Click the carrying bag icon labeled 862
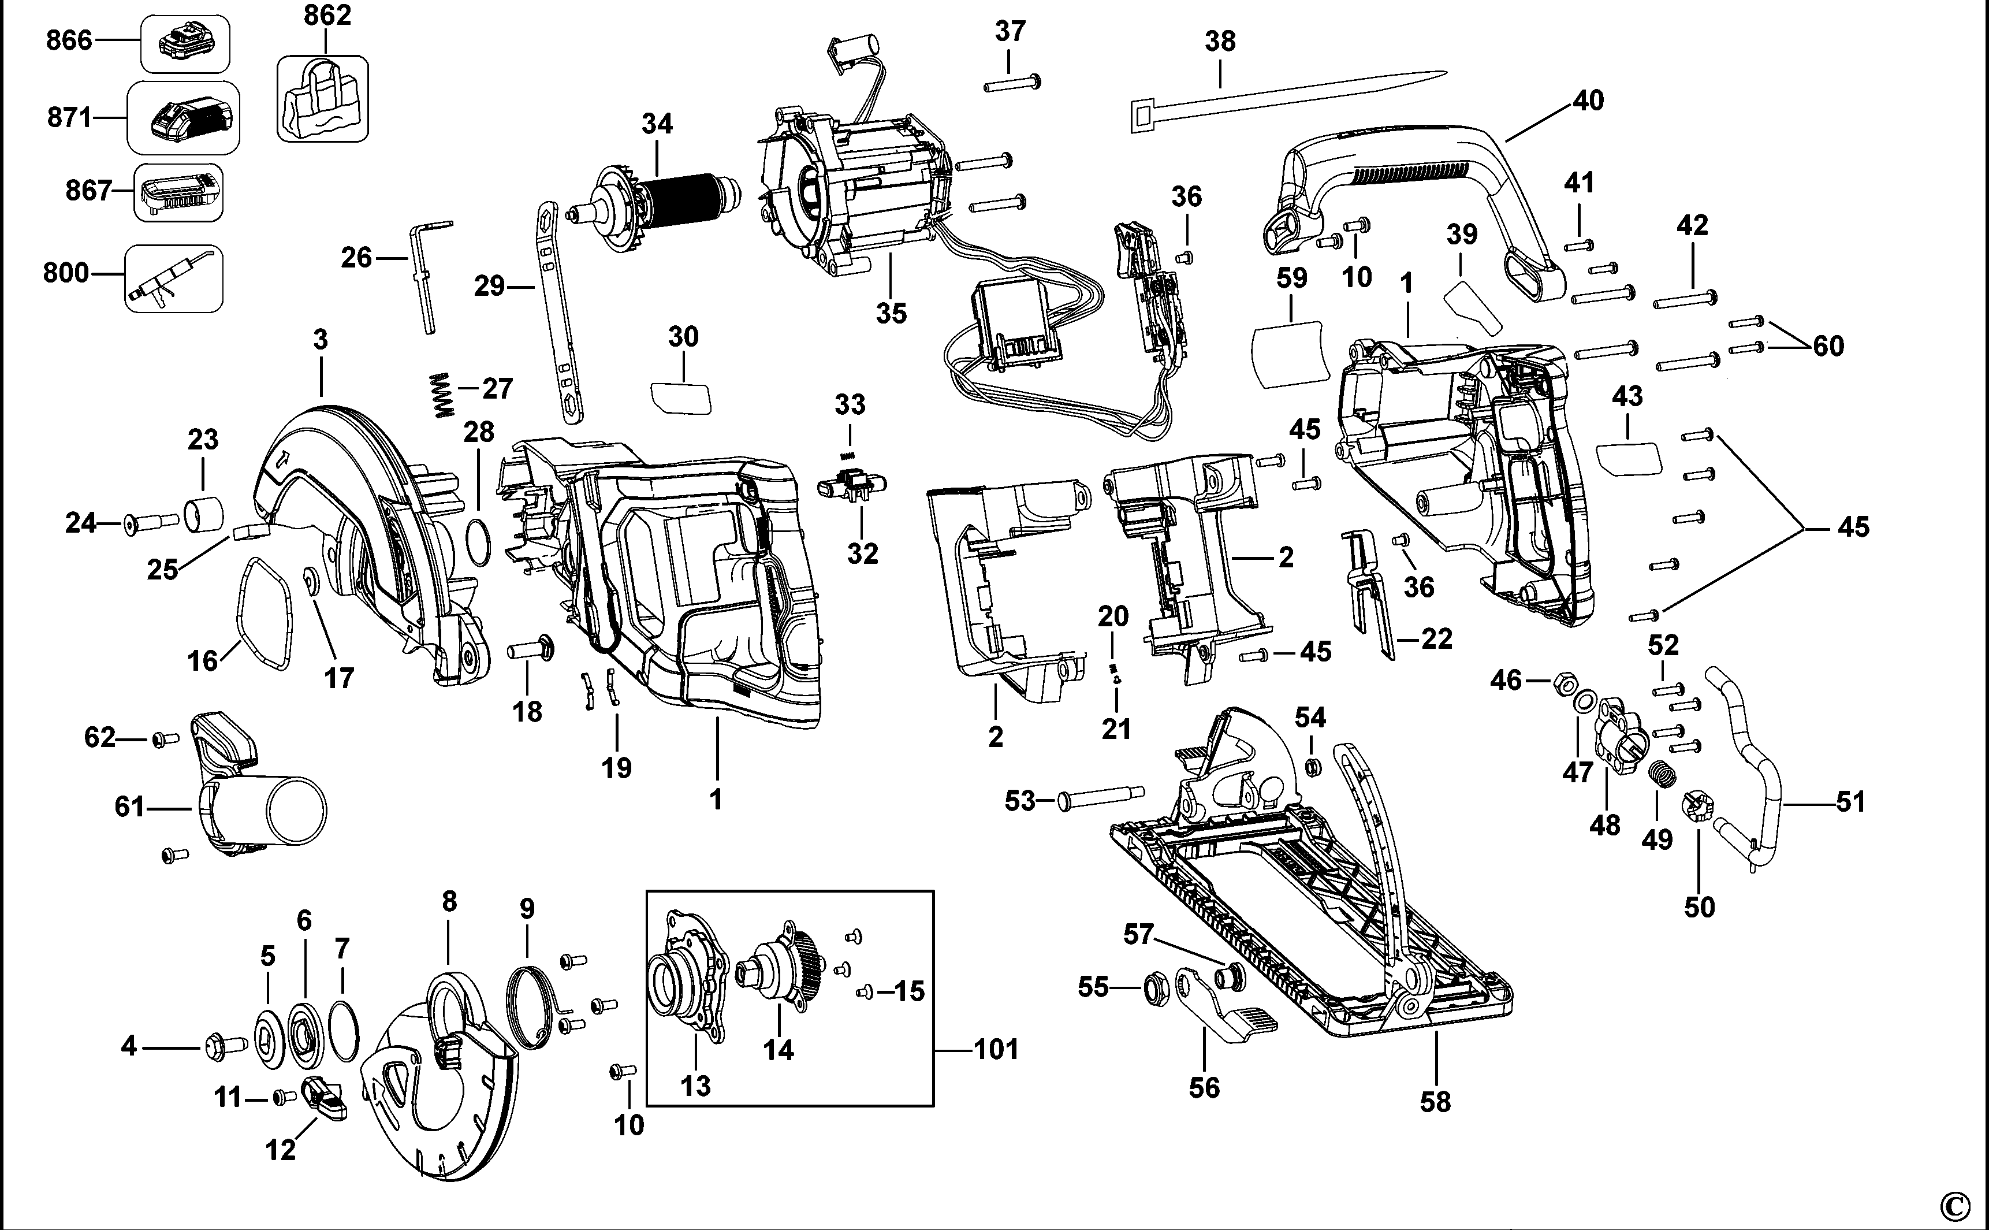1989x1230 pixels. [x=322, y=99]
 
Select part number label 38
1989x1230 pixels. [x=1220, y=40]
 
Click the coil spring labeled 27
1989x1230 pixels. [x=440, y=395]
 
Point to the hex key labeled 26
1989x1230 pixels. [x=424, y=277]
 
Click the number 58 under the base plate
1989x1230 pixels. [x=1435, y=1102]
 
